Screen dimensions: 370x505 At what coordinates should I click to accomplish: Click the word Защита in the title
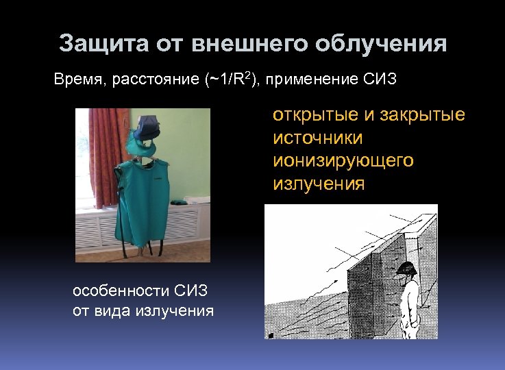95,45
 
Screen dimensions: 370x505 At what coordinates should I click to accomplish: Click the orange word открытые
312,114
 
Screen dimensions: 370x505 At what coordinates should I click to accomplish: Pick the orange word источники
318,138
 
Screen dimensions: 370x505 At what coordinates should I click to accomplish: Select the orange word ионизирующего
343,161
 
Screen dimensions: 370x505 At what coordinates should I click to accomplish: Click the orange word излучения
319,184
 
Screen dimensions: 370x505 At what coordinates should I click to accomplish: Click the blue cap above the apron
147,127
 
